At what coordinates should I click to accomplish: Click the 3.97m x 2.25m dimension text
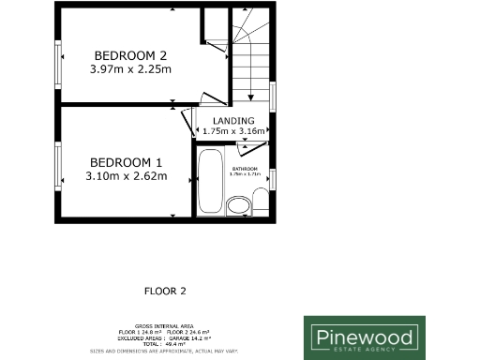[130, 68]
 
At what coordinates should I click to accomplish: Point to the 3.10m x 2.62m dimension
[127, 175]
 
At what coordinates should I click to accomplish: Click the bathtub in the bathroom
[207, 182]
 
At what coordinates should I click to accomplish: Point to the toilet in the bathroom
[260, 201]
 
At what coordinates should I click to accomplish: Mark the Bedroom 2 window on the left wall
[58, 61]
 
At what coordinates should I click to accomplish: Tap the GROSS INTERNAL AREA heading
[164, 321]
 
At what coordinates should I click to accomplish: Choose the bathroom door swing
[256, 153]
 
